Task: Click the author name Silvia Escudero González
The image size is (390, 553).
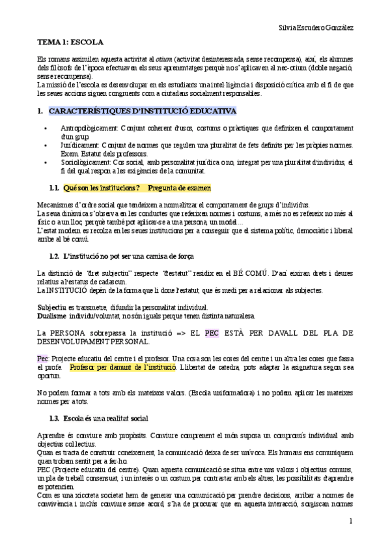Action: click(x=316, y=28)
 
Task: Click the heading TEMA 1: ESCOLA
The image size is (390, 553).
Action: click(x=70, y=43)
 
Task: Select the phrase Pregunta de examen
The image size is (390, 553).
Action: click(x=179, y=188)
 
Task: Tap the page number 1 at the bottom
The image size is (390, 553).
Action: click(x=350, y=520)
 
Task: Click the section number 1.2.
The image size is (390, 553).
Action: click(x=54, y=254)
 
